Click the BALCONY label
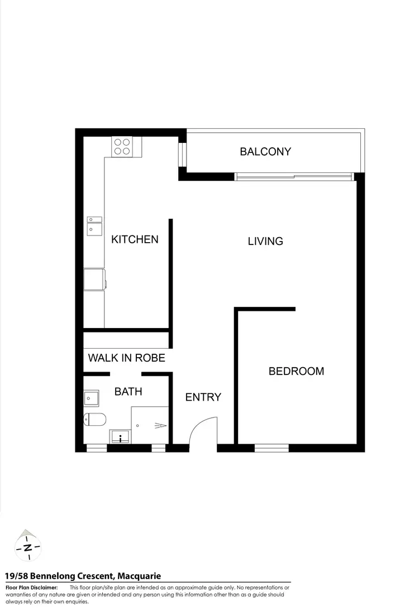pos(265,151)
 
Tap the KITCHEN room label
pos(135,239)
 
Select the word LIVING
pos(265,241)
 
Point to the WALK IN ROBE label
pos(126,358)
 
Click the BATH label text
pos(128,392)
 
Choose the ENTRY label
pos(203,397)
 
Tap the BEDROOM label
pos(296,371)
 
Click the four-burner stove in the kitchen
pos(122,146)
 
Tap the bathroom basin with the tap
pos(121,436)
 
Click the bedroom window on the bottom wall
pos(272,448)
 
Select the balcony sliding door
pos(294,177)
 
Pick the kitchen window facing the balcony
pos(182,155)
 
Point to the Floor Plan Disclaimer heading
pos(31,588)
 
